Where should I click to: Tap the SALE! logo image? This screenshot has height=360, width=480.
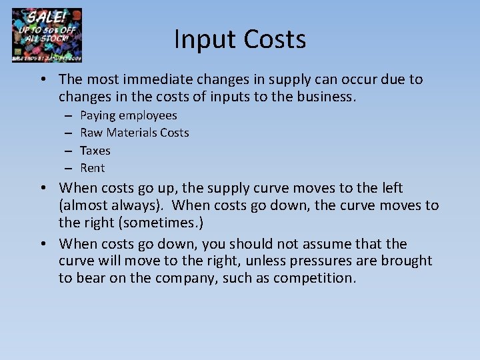pyautogui.click(x=47, y=35)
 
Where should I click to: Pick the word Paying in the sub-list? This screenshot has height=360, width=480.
pyautogui.click(x=97, y=116)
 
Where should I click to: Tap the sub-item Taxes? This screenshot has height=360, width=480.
pyautogui.click(x=95, y=151)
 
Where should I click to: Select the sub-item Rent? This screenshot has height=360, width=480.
pyautogui.click(x=93, y=168)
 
